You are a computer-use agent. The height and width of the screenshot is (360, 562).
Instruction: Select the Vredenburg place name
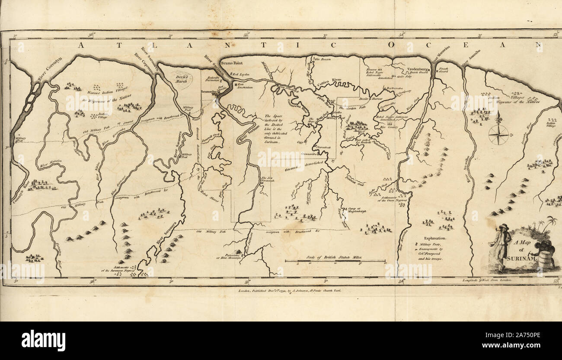click(417, 70)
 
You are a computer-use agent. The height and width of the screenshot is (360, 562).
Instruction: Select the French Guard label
click(444, 70)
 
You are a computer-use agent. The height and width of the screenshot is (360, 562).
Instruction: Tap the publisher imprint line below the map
click(290, 291)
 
